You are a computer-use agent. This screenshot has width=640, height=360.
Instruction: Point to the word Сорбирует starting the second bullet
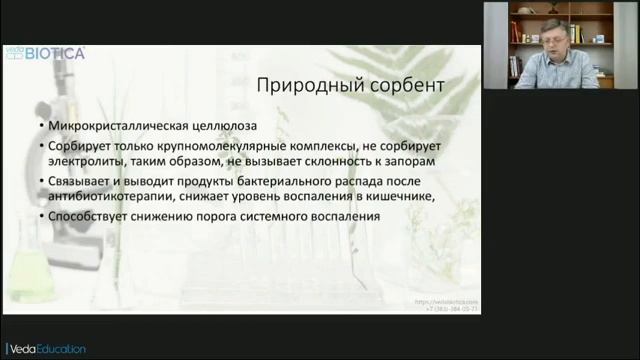coord(77,145)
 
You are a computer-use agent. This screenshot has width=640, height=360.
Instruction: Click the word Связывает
coord(79,181)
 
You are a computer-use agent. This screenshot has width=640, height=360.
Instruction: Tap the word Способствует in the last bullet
coord(87,217)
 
